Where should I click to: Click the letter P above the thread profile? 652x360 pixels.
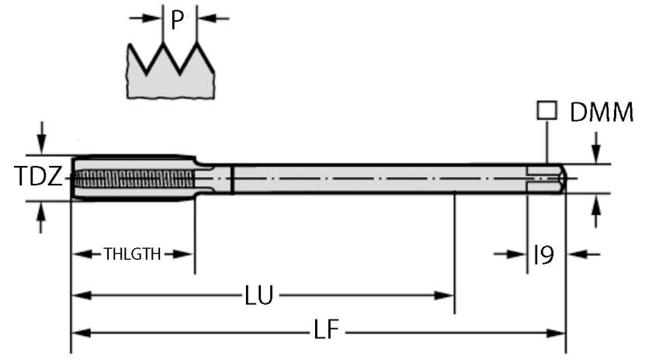[x=178, y=21]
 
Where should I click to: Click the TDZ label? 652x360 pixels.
[x=37, y=178]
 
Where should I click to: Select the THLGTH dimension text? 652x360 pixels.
[x=132, y=254]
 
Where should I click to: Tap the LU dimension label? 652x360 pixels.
[x=258, y=296]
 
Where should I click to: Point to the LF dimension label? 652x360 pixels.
[x=326, y=332]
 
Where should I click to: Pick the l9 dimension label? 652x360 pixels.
[x=543, y=254]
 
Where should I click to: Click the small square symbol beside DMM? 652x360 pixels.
[x=548, y=112]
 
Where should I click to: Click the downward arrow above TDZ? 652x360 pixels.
[x=42, y=144]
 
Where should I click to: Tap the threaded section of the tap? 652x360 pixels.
[x=136, y=178]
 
